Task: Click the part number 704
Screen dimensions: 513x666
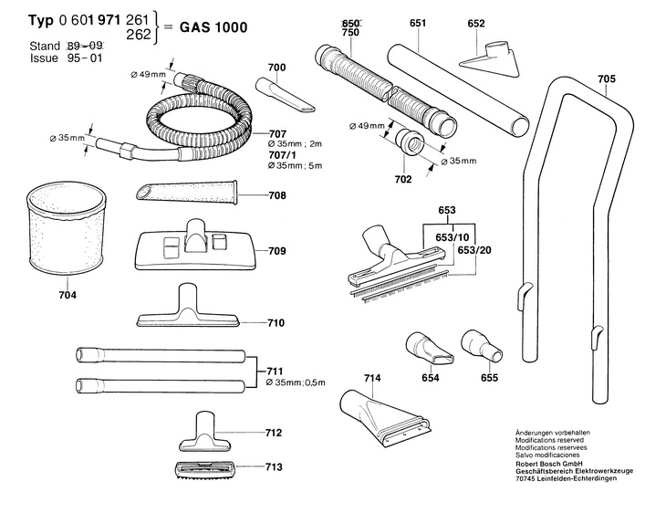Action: coord(68,295)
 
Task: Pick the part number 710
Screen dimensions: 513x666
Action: coord(276,322)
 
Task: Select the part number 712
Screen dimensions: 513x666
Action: coord(273,433)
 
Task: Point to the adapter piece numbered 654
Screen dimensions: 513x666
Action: coord(422,348)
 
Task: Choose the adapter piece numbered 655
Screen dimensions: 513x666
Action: coord(480,344)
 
